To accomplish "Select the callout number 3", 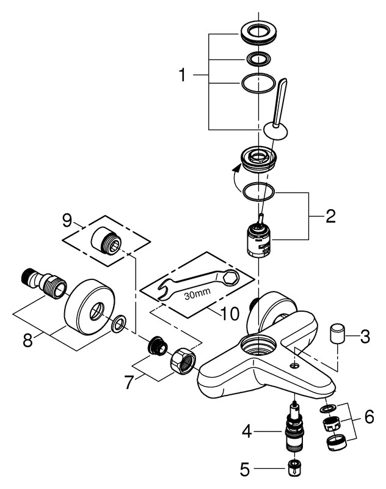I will pos(365,336).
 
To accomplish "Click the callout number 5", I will pos(246,470).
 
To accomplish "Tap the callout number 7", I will pos(129,384).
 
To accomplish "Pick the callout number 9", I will pos(67,218).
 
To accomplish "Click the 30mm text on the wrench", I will pos(197,294).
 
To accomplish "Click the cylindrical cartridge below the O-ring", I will pos(259,242).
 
